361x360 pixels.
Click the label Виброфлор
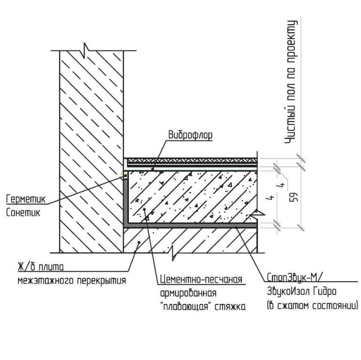pos(190,135)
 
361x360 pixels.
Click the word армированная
pos(188,293)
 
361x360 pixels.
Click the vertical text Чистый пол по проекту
pos(292,82)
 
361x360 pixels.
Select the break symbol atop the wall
pos(85,48)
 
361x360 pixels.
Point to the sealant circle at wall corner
pos(125,176)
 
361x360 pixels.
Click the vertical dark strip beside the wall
pos(126,202)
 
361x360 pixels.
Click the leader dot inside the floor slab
pos(138,242)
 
